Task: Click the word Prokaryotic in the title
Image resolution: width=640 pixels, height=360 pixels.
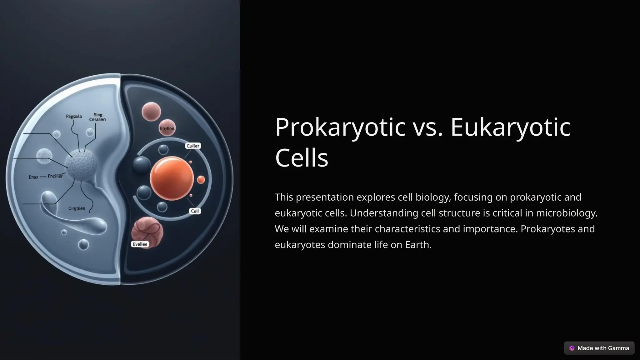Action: click(x=340, y=127)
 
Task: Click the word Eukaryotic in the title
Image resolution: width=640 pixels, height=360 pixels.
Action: click(x=510, y=127)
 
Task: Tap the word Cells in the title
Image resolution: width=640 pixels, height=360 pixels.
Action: click(x=302, y=158)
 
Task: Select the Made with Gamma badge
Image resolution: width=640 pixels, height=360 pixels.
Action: click(x=599, y=348)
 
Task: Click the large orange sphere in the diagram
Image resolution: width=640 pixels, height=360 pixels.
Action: click(x=172, y=178)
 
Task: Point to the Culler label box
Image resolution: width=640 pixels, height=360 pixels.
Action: click(x=193, y=146)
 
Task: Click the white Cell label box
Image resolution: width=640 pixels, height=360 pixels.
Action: click(x=195, y=211)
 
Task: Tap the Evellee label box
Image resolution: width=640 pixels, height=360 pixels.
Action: click(x=140, y=244)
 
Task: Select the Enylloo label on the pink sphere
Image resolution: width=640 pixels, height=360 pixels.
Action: click(x=167, y=128)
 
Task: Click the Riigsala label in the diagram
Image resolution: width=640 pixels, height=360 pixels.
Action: click(x=74, y=117)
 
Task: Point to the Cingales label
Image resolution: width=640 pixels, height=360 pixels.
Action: click(x=77, y=208)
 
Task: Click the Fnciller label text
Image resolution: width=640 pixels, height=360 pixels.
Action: click(x=55, y=176)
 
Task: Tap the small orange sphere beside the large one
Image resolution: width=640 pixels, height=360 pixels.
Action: click(x=201, y=180)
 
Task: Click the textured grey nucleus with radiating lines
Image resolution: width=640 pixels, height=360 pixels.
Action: click(x=81, y=165)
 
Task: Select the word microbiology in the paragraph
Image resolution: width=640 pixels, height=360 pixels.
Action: click(x=566, y=213)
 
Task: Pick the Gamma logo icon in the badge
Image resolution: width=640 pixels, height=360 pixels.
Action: click(x=572, y=348)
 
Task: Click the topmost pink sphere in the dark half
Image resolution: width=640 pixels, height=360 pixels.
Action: click(x=151, y=112)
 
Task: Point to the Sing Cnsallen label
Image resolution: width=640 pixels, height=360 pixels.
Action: click(x=97, y=117)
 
